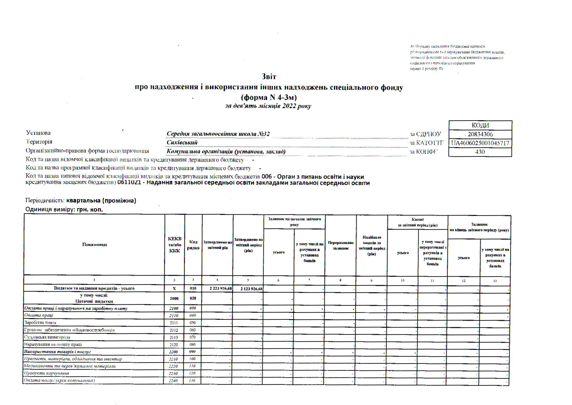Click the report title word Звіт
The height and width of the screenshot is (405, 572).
pos(269,77)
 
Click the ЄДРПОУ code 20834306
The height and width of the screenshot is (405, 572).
pos(480,134)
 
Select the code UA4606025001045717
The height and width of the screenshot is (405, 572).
pos(480,143)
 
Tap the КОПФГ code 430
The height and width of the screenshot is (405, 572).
pos(480,152)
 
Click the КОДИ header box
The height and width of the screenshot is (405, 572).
pos(480,125)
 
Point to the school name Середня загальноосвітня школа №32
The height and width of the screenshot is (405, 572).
pos(218,134)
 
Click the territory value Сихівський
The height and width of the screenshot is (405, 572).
pos(182,143)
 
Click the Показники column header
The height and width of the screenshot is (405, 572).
pos(94,245)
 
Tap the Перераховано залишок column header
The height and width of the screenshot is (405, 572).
pos(341,246)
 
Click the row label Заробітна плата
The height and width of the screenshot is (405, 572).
pos(40,323)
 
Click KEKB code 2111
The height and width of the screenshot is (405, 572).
pos(174,323)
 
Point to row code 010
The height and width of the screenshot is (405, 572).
pos(193,289)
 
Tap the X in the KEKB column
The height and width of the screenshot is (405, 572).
pos(174,289)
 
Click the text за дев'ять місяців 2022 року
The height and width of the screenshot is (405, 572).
pos(268,106)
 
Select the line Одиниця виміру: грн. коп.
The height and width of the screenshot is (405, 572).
pos(64,210)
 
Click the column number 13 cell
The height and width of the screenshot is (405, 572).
pos(495,281)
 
